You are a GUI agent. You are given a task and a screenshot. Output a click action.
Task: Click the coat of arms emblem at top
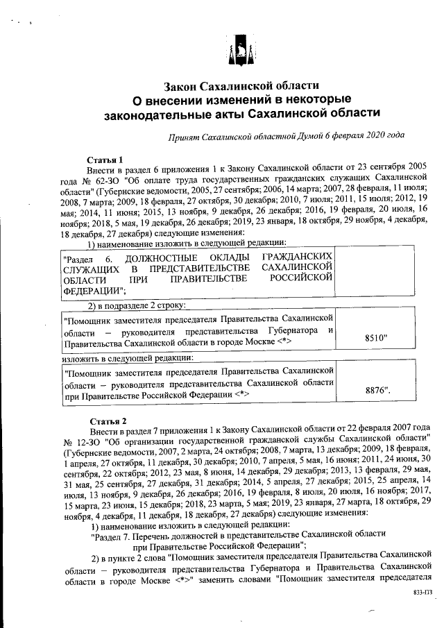(x=237, y=51)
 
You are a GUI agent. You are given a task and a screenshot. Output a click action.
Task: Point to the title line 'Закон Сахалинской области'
(x=241, y=87)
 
